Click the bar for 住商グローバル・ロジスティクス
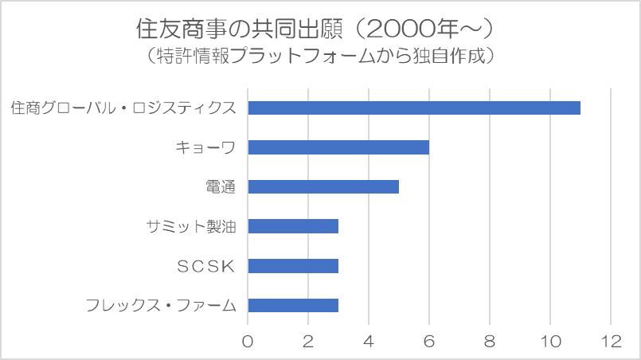tap(414, 108)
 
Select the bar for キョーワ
tap(338, 147)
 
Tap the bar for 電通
tap(323, 187)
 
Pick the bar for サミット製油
tap(293, 226)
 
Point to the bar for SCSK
tap(293, 266)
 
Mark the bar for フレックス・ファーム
tap(293, 305)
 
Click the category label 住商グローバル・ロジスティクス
tap(123, 108)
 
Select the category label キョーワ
tap(205, 147)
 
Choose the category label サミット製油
tap(191, 226)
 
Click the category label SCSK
tap(205, 266)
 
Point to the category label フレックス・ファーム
tap(161, 305)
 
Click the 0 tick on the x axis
tap(248, 341)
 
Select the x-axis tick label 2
tap(308, 341)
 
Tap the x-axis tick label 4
tap(369, 341)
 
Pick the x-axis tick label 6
tap(429, 341)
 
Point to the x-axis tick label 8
tap(490, 341)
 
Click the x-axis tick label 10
tap(550, 341)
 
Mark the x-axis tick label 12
tap(611, 341)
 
